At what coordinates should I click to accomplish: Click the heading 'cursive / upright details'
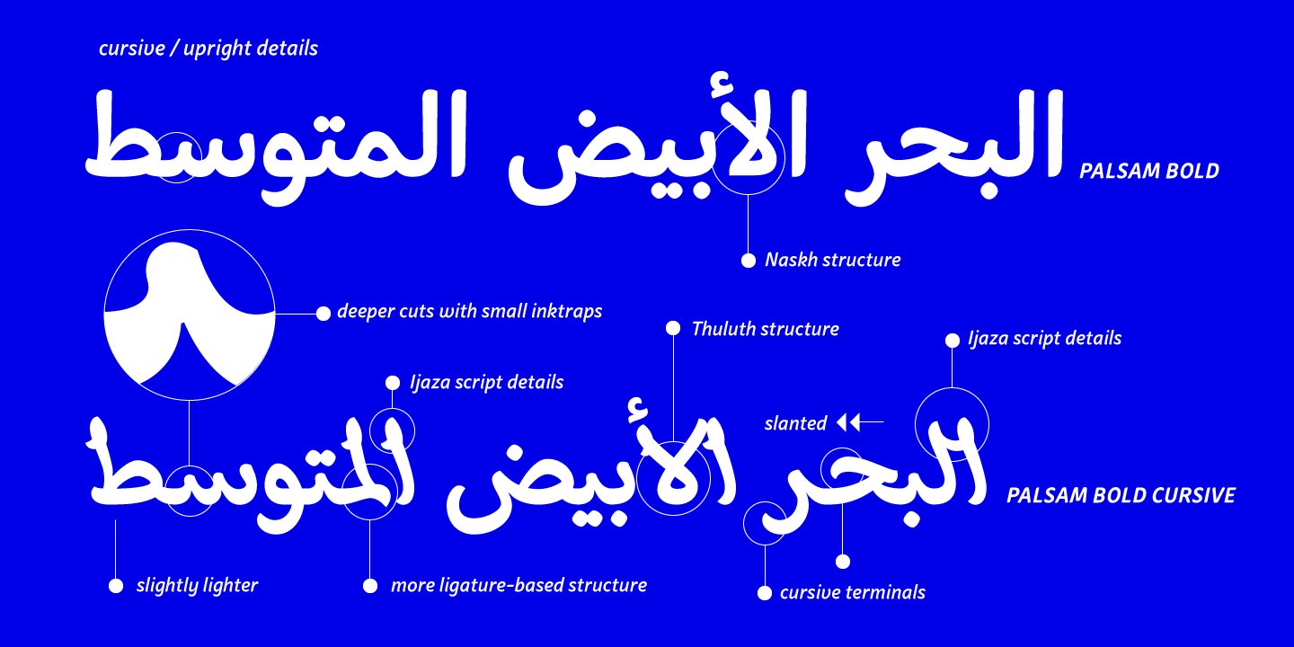[x=208, y=49]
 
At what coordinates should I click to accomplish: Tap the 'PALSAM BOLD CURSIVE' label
[x=1121, y=495]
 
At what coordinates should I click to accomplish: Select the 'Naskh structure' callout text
[x=832, y=261]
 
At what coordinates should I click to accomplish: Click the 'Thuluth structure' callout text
[x=765, y=329]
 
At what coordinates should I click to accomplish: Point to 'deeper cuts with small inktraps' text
[x=469, y=313]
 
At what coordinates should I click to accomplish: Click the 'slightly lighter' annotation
[x=197, y=586]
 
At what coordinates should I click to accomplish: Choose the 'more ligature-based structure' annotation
[x=518, y=586]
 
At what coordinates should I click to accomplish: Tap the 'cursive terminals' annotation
[x=852, y=592]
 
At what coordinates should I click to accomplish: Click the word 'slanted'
[x=795, y=423]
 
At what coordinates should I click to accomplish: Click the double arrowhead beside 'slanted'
[x=848, y=421]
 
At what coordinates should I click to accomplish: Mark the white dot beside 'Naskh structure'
[x=748, y=261]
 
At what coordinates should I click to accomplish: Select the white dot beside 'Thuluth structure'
[x=672, y=329]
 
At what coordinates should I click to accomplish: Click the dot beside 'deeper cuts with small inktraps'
[x=323, y=313]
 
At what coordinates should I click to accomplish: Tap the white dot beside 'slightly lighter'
[x=116, y=586]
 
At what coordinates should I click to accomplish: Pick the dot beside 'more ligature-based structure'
[x=370, y=586]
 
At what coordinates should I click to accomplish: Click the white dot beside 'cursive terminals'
[x=765, y=592]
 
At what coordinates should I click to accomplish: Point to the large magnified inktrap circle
[x=189, y=315]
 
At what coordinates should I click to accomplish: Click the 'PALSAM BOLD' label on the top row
[x=1148, y=171]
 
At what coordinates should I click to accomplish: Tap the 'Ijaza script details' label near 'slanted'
[x=1044, y=339]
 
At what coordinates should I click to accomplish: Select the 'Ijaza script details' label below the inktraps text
[x=486, y=382]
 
